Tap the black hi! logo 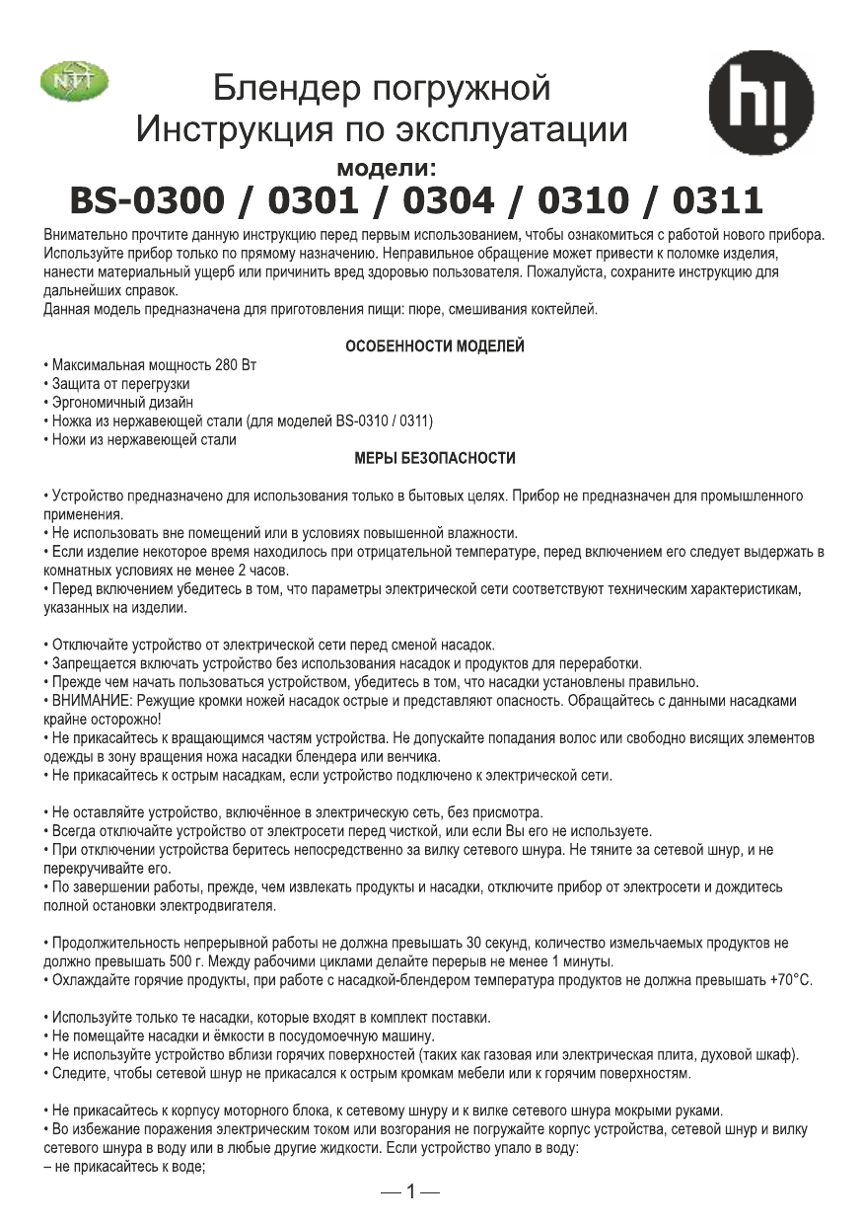[760, 104]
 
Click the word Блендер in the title [279, 90]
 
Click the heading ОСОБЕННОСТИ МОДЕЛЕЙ [434, 346]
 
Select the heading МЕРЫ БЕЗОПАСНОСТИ [434, 459]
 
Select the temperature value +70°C [790, 982]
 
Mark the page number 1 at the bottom [410, 1190]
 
